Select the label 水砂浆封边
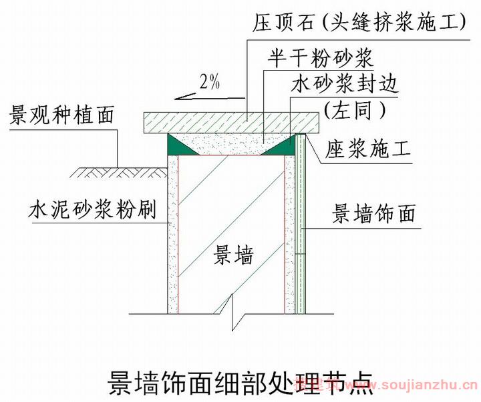point(345,84)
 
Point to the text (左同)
point(355,110)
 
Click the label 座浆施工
point(367,149)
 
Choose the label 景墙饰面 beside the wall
point(374,213)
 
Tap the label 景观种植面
point(62,115)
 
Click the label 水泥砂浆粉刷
point(92,209)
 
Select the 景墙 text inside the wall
point(234,256)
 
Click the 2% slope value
point(210,82)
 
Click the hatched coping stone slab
point(232,123)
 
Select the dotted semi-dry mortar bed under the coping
point(230,143)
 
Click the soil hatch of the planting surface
point(119,173)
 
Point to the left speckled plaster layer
point(173,234)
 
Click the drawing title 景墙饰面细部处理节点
point(240,383)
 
